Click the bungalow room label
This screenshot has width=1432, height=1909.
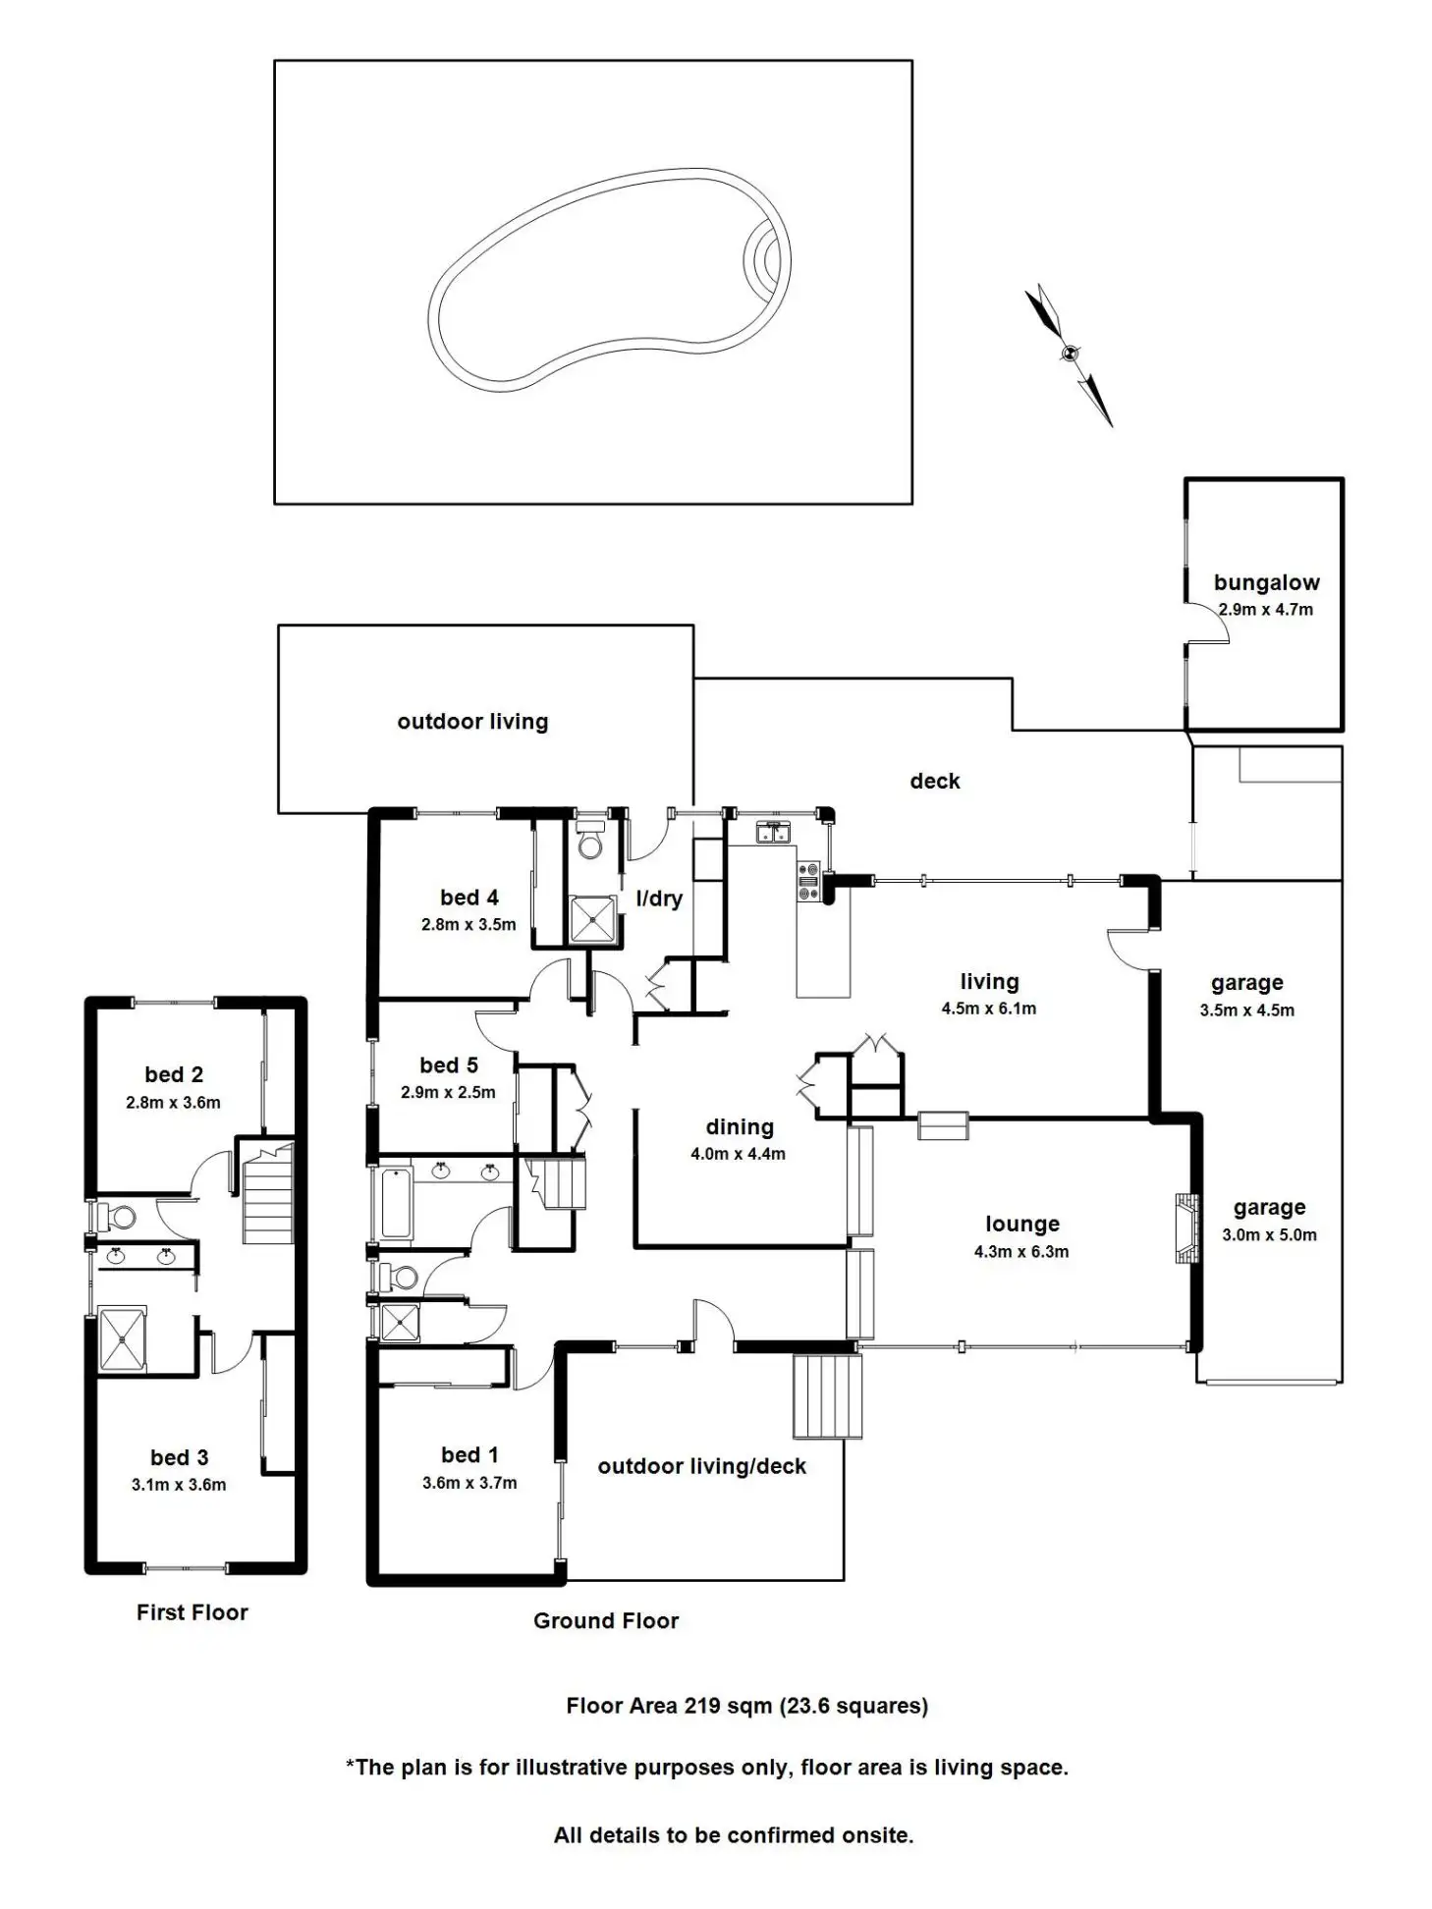[x=1266, y=582]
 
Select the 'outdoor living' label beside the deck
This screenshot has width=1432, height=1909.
[x=472, y=722]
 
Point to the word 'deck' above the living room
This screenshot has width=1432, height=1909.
[x=934, y=781]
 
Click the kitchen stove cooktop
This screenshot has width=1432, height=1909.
[x=807, y=881]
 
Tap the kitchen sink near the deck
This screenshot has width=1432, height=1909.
[x=773, y=833]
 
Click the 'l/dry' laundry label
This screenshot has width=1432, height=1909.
[x=658, y=898]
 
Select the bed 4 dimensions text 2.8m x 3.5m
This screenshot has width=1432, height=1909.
[x=468, y=924]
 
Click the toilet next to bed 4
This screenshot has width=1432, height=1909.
[x=590, y=844]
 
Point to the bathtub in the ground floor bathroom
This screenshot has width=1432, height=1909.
[x=396, y=1202]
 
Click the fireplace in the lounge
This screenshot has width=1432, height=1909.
[x=1186, y=1227]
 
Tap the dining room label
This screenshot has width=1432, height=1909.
[x=739, y=1127]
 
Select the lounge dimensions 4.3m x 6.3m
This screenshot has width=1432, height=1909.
[x=1021, y=1251]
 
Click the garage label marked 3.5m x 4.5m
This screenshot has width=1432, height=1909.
[x=1246, y=983]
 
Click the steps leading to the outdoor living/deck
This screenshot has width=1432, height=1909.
[x=827, y=1394]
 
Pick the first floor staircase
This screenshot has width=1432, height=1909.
[x=267, y=1196]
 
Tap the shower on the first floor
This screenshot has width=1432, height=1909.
[x=122, y=1336]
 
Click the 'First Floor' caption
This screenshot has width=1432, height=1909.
[x=193, y=1611]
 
